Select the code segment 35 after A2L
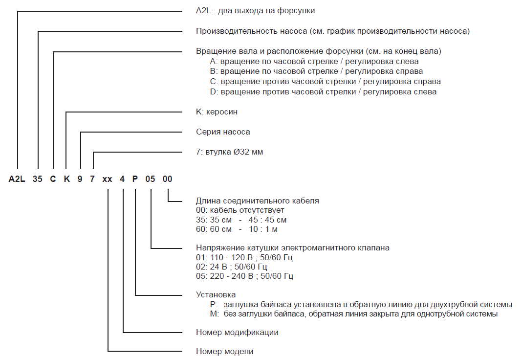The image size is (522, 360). point(38,179)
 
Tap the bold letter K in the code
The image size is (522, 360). point(66,179)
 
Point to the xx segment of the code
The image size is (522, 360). point(108,179)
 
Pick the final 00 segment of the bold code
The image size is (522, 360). point(167,179)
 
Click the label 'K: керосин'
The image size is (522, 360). point(217,112)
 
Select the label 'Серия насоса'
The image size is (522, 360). point(223,132)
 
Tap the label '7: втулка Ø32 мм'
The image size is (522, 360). point(229,152)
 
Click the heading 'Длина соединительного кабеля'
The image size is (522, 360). point(257,201)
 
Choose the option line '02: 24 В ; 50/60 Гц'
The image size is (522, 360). point(232,267)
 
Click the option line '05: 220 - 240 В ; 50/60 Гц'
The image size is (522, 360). point(244,276)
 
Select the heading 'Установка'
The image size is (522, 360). point(216,295)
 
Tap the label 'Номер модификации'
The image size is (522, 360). point(237,333)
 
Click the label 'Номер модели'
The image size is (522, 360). point(224,351)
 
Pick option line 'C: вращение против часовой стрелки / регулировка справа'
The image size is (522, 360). point(325,81)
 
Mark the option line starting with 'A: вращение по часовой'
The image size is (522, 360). point(314,62)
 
